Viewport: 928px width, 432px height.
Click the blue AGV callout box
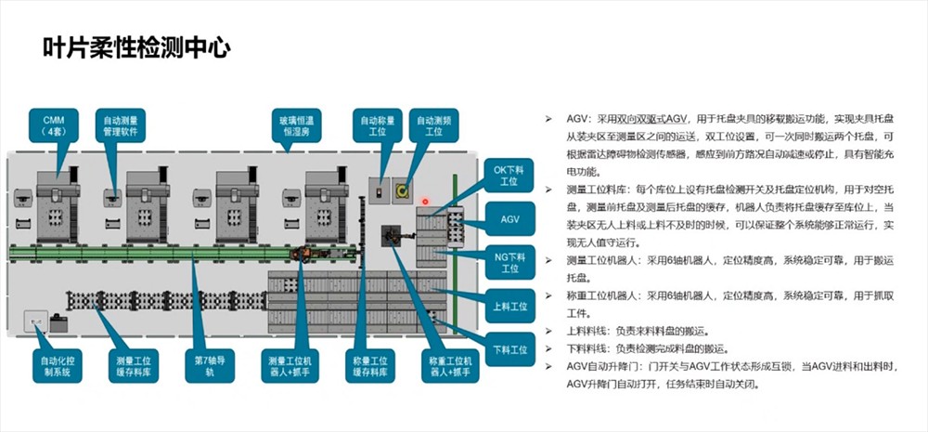coord(509,219)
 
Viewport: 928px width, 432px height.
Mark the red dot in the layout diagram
coord(425,201)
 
